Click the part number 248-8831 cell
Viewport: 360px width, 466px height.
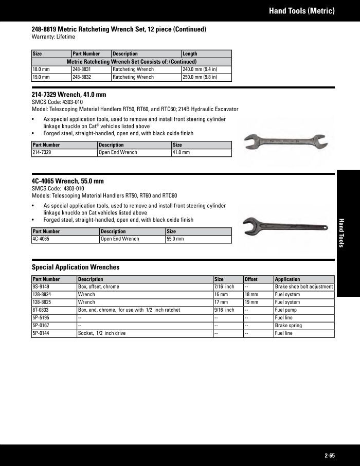pyautogui.click(x=91, y=69)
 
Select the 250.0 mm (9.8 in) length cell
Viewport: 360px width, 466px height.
pyautogui.click(x=206, y=77)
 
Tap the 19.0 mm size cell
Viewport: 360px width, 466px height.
pyautogui.click(x=51, y=77)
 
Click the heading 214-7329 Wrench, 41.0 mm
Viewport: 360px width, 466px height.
pyautogui.click(x=69, y=95)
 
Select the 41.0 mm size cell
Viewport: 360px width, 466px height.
pyautogui.click(x=201, y=153)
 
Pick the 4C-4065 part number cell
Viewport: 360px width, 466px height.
pyautogui.click(x=65, y=239)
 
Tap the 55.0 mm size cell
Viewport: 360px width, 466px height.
pyautogui.click(x=198, y=239)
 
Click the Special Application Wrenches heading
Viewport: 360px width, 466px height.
pyautogui.click(x=76, y=267)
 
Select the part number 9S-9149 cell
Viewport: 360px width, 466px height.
pyautogui.click(x=54, y=287)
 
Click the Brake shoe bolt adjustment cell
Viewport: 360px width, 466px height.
pyautogui.click(x=304, y=287)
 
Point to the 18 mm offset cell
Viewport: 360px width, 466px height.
pyautogui.click(x=258, y=295)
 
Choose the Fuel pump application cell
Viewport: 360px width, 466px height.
pyautogui.click(x=304, y=310)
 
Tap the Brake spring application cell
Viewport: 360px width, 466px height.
pyautogui.click(x=304, y=326)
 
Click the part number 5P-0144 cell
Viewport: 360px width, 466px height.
pyautogui.click(x=54, y=333)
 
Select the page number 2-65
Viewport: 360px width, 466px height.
pyautogui.click(x=330, y=455)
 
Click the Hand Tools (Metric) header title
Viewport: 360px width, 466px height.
pyautogui.click(x=302, y=10)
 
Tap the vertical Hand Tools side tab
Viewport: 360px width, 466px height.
pyautogui.click(x=341, y=232)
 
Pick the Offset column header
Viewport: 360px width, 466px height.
pyautogui.click(x=258, y=279)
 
